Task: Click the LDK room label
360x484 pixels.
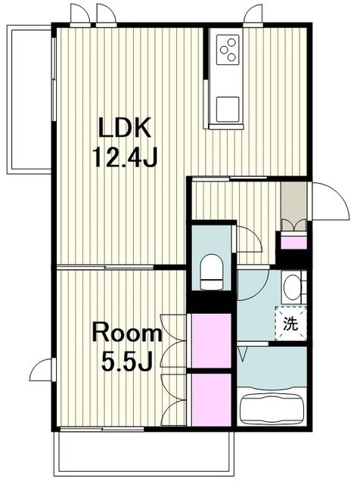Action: pos(125,127)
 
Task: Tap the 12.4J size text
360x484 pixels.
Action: pos(126,157)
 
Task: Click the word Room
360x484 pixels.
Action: pos(126,334)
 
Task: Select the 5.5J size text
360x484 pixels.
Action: pos(126,361)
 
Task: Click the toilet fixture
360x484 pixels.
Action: pos(212,271)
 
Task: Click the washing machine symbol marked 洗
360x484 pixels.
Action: pos(290,324)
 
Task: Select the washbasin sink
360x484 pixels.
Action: pos(292,287)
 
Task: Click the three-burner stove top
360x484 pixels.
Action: pos(228,49)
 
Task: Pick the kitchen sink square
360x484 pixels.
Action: pos(228,109)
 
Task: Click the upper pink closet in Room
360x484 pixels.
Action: pos(212,341)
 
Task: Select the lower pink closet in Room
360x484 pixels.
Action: pos(212,400)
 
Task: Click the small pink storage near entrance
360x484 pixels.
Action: pos(293,242)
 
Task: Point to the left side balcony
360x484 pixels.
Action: pos(29,100)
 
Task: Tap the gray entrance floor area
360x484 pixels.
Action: pos(293,200)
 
